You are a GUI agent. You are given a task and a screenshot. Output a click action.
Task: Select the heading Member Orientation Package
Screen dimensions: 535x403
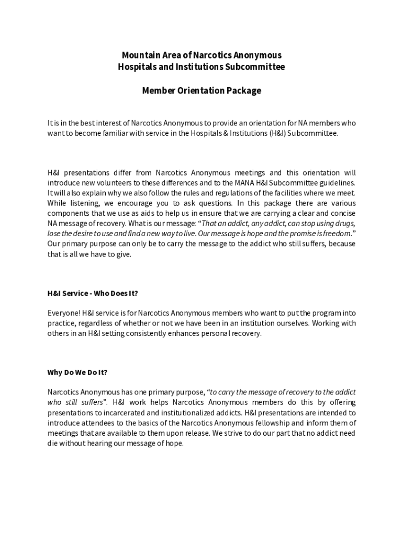[201, 90]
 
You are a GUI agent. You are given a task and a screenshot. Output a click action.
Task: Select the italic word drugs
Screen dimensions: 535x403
[343, 223]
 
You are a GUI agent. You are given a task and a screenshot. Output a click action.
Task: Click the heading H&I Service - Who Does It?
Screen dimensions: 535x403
[93, 293]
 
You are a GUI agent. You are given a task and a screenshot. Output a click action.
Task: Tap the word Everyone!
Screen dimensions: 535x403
[64, 313]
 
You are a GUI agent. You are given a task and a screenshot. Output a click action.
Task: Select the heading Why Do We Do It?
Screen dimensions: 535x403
[77, 373]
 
